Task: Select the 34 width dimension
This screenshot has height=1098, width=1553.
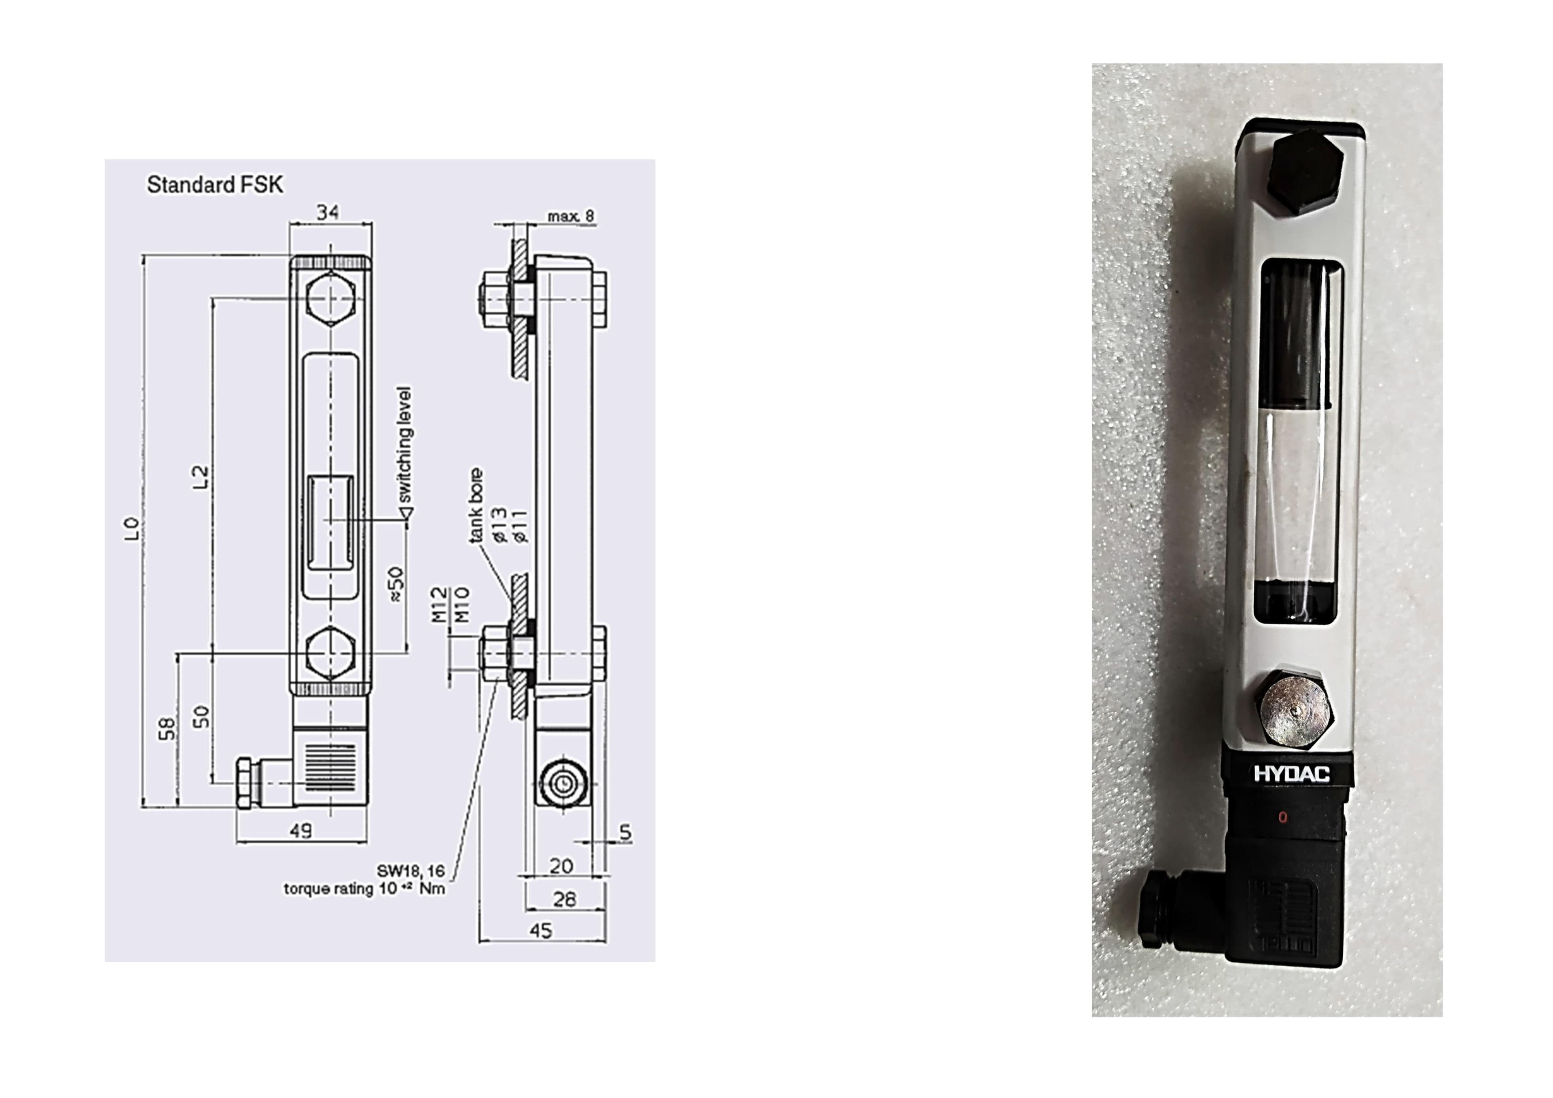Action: coord(328,212)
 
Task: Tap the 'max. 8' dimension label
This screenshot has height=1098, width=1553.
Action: coord(570,216)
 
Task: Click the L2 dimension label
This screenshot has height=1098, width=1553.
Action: coord(199,478)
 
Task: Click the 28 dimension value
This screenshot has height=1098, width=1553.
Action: coord(564,899)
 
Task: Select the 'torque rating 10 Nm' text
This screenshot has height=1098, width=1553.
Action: coord(364,888)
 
